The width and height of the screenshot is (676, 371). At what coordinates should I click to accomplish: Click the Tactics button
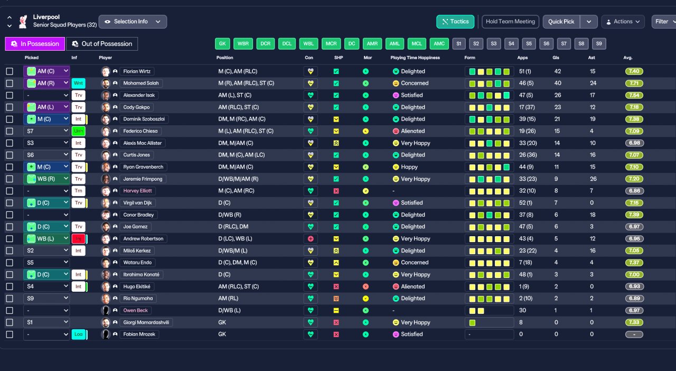455,22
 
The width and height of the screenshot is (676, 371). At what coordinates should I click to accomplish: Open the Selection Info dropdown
133,22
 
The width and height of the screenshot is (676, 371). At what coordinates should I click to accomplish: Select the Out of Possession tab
102,44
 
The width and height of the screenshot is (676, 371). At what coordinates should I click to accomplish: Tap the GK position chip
222,43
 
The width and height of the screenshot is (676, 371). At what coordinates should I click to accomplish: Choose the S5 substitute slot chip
529,43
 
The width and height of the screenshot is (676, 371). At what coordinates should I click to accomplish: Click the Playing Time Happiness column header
415,58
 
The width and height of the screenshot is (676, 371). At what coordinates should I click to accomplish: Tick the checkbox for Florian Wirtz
10,71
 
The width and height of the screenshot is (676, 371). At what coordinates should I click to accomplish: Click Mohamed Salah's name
141,83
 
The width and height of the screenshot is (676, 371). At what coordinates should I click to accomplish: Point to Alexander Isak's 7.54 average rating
634,95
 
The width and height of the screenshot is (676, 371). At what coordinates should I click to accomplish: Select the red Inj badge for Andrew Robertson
79,239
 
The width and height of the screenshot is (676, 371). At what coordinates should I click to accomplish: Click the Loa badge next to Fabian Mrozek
79,334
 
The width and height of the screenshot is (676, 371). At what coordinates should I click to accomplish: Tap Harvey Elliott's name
138,191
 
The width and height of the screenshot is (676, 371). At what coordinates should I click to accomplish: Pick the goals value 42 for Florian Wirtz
557,71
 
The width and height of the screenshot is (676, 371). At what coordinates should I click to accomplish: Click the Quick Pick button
561,22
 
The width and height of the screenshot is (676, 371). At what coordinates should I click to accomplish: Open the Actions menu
623,22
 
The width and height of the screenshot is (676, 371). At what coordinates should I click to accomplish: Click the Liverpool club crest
23,22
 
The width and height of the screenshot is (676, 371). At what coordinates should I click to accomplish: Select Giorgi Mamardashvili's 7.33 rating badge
634,322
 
